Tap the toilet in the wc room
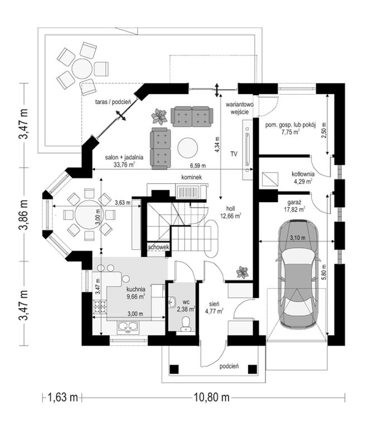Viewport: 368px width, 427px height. [186, 325]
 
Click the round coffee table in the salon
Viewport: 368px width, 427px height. [187, 148]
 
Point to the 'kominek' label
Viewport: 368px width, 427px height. [190, 177]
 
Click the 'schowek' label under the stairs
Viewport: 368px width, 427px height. [158, 247]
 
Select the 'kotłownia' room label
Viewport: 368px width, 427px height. [302, 174]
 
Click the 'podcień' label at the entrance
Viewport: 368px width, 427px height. [230, 366]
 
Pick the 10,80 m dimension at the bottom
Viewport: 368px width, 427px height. [212, 397]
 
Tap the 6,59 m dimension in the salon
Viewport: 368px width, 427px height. [199, 165]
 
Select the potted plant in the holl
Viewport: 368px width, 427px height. [242, 272]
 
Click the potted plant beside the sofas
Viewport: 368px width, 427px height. [159, 116]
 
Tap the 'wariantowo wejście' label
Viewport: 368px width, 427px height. [240, 108]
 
